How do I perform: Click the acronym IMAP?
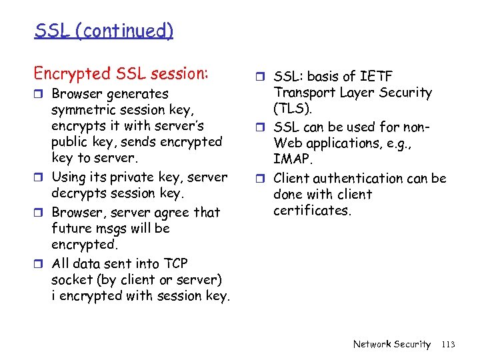coord(292,159)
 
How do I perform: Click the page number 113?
coord(448,344)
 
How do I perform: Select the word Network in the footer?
coord(372,344)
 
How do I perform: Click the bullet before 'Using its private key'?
coord(39,178)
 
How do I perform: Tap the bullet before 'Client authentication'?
coord(262,179)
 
